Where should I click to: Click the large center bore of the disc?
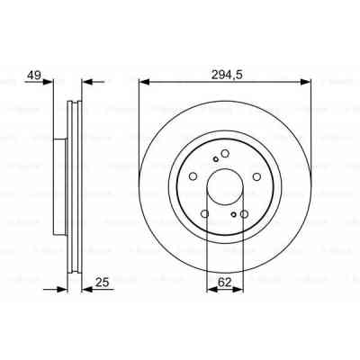click(225, 187)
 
